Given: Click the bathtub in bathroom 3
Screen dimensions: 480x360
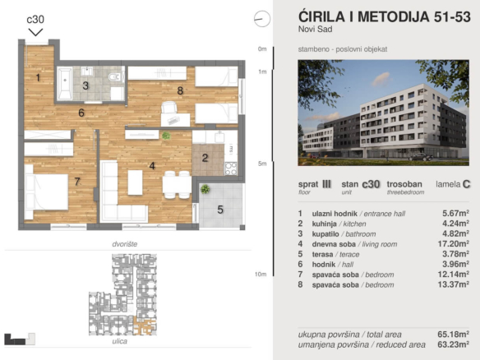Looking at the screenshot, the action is [65, 83].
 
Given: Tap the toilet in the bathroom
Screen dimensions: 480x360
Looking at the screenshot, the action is [116, 76].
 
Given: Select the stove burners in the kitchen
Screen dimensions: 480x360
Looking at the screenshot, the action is [230, 168].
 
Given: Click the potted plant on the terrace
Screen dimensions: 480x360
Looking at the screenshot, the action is [205, 189].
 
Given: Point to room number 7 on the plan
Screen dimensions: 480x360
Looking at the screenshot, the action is [77, 182].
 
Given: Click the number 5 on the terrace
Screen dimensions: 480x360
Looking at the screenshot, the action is [220, 210].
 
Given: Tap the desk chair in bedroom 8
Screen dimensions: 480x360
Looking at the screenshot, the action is [169, 108].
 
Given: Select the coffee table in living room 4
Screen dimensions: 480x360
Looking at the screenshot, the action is [135, 182].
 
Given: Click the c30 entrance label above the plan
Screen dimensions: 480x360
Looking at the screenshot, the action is [35, 19].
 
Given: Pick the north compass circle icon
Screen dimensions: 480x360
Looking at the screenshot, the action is [262, 19].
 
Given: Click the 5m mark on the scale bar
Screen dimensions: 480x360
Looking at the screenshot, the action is [262, 164].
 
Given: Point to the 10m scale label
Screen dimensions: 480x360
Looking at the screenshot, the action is [261, 274].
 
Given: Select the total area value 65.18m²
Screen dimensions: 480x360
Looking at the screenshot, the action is [454, 334].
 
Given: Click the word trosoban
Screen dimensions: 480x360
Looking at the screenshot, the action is [404, 184].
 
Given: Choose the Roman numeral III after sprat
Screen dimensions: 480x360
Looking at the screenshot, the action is [326, 184].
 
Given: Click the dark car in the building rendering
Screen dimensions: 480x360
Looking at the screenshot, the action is [421, 157].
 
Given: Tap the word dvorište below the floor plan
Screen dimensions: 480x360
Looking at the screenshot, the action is [125, 244].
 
